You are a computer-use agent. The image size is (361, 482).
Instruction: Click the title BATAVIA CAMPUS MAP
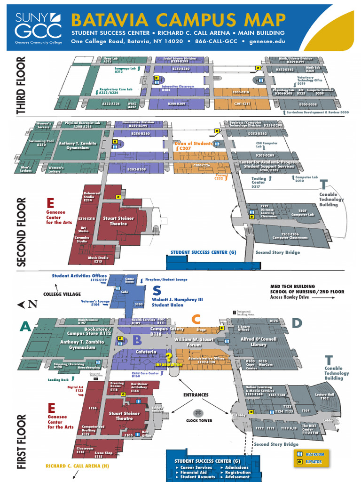pyautogui.click(x=178, y=20)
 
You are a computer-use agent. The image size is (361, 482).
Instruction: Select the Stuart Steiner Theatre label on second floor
pyautogui.click(x=118, y=221)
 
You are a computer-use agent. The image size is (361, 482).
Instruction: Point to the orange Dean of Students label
pyautogui.click(x=193, y=143)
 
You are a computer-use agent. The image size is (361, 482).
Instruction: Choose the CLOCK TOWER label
pyautogui.click(x=199, y=420)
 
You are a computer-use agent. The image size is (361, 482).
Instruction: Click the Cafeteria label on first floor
pyautogui.click(x=146, y=352)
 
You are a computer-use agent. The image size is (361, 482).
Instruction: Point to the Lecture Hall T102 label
pyautogui.click(x=324, y=396)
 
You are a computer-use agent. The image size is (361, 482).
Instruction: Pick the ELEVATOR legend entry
pyautogui.click(x=314, y=462)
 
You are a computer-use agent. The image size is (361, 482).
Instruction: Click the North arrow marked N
pyautogui.click(x=28, y=304)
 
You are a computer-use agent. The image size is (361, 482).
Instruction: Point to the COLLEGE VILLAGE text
pyautogui.click(x=63, y=294)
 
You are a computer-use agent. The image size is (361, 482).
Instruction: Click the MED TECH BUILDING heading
pyautogui.click(x=292, y=286)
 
